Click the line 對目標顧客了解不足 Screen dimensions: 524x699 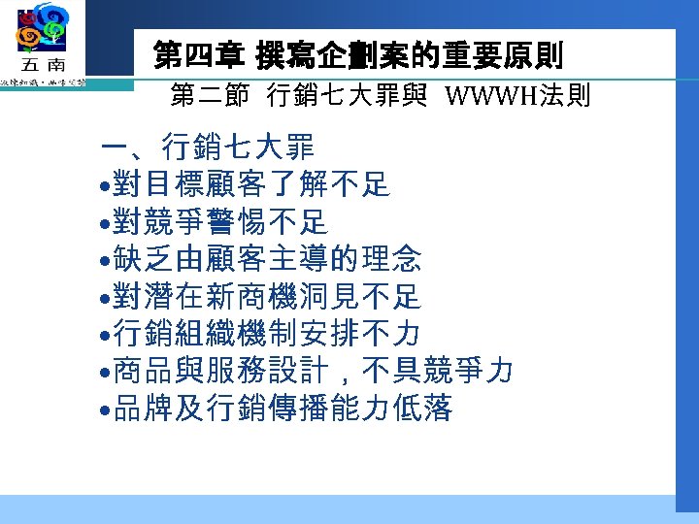(251, 185)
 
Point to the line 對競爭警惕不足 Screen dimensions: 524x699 (220, 222)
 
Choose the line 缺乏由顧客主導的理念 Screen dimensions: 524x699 (267, 259)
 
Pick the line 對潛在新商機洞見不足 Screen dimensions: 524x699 (267, 296)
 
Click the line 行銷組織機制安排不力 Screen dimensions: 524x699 (267, 333)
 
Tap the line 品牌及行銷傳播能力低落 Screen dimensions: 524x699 (283, 409)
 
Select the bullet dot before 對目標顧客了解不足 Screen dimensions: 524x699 (105, 186)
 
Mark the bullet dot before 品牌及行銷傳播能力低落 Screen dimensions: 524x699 (105, 409)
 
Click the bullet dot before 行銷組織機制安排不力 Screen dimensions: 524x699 (105, 335)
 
